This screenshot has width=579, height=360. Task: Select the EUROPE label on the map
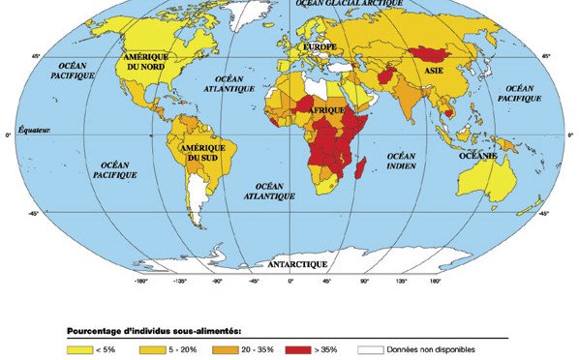[x=320, y=46]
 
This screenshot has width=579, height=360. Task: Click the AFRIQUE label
[x=326, y=112]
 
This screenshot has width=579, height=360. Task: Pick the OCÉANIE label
[x=477, y=156]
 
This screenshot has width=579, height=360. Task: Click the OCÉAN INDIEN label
[x=401, y=161]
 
